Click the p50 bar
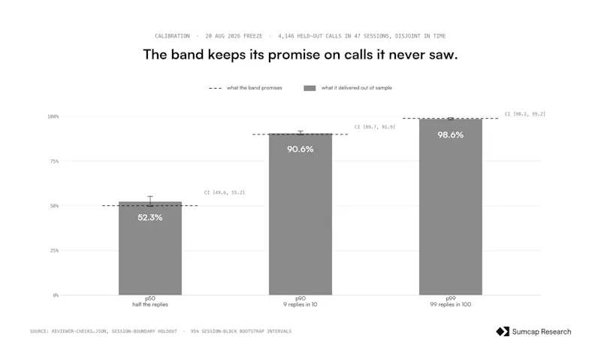click(150, 248)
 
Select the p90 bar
click(300, 214)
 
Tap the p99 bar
click(451, 207)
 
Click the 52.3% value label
click(150, 217)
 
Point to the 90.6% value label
click(300, 149)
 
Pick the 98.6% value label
click(451, 135)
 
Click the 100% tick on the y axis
click(53, 116)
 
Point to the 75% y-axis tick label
click(54, 162)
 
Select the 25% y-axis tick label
click(54, 251)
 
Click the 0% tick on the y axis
click(56, 295)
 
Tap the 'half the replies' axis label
click(150, 304)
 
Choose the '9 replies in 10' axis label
click(300, 304)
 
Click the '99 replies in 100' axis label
click(451, 304)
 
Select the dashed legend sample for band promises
click(215, 88)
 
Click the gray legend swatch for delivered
click(310, 88)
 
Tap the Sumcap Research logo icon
click(503, 331)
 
